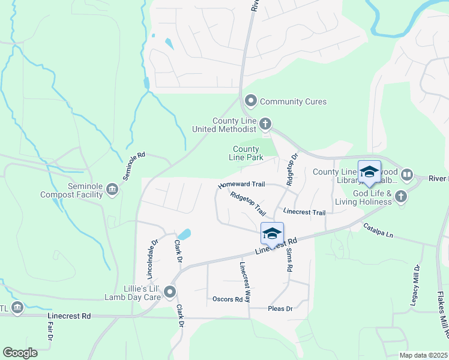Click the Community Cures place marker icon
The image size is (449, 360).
[x=251, y=101]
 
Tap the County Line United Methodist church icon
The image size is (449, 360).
[x=265, y=124]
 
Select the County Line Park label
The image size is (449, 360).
[x=246, y=153]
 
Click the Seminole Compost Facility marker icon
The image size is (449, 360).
[x=112, y=190]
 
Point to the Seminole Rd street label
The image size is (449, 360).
[x=134, y=166]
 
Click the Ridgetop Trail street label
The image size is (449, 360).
[x=247, y=203]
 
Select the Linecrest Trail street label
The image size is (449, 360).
[x=304, y=212]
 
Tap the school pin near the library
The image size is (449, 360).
[x=369, y=172]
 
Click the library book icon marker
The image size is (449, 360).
[x=407, y=175]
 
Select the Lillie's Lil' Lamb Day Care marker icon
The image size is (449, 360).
[x=170, y=293]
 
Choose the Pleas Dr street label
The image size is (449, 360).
[x=279, y=308]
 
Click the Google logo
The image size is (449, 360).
[x=20, y=353]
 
